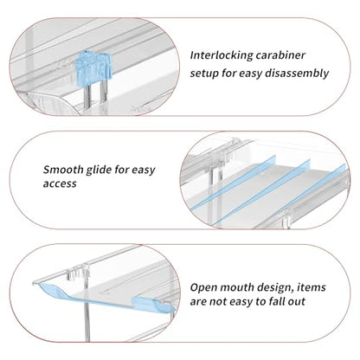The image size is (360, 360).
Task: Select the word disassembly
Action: (297, 73)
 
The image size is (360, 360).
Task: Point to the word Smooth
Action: (63, 170)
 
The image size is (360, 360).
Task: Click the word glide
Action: (99, 170)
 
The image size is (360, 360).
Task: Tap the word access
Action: (60, 183)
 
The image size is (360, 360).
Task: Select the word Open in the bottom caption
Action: (202, 287)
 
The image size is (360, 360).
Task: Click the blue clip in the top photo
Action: (93, 67)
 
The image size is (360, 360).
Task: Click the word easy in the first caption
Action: (250, 74)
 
